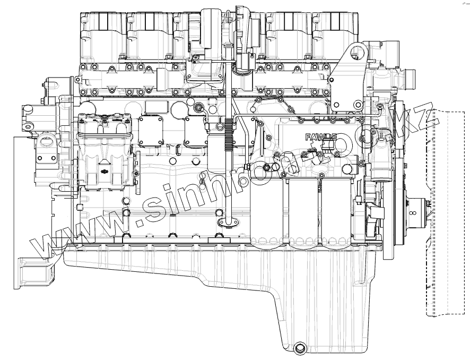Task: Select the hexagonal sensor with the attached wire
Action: click(199, 108)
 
